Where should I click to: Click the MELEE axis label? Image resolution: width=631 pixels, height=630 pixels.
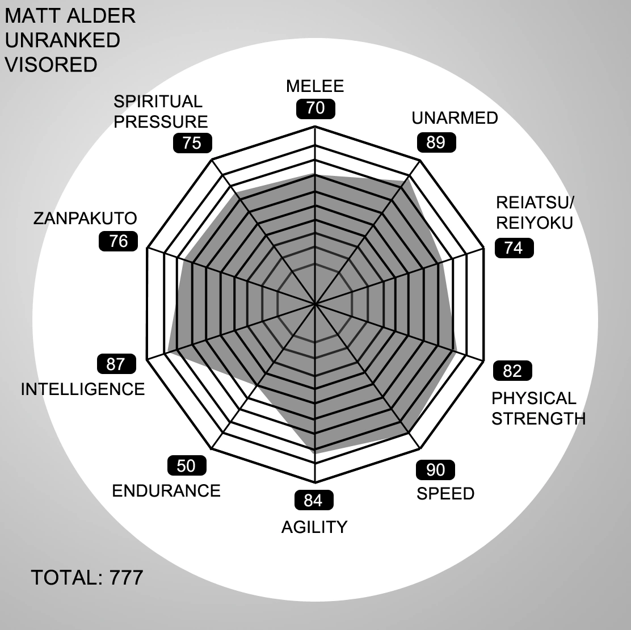pyautogui.click(x=315, y=86)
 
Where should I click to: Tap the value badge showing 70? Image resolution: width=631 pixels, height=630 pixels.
pyautogui.click(x=315, y=108)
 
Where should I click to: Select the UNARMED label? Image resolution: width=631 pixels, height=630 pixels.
pyautogui.click(x=455, y=118)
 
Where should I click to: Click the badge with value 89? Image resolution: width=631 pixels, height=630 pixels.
pyautogui.click(x=436, y=142)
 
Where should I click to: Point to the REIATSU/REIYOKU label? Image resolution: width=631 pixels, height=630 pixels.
pyautogui.click(x=535, y=212)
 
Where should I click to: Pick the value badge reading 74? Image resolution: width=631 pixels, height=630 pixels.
pyautogui.click(x=514, y=248)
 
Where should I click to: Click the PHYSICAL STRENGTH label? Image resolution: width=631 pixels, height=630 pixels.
pyautogui.click(x=538, y=409)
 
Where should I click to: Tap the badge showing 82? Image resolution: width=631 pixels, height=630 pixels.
pyautogui.click(x=512, y=371)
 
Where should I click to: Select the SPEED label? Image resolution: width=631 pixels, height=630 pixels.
pyautogui.click(x=445, y=494)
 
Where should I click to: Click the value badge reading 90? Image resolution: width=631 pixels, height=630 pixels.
pyautogui.click(x=436, y=470)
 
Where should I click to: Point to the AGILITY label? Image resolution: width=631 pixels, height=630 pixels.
pyautogui.click(x=314, y=527)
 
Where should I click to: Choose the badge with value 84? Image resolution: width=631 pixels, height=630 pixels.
pyautogui.click(x=313, y=501)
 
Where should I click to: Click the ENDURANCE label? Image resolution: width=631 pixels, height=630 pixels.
pyautogui.click(x=166, y=490)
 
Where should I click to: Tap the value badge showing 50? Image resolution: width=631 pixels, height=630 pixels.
pyautogui.click(x=186, y=466)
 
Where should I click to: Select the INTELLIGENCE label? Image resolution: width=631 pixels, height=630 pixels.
pyautogui.click(x=83, y=389)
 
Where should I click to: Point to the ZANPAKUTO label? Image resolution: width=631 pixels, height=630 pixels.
pyautogui.click(x=85, y=219)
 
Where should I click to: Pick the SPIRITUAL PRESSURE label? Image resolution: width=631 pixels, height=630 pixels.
pyautogui.click(x=161, y=112)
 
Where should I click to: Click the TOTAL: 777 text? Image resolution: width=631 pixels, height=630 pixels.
pyautogui.click(x=87, y=578)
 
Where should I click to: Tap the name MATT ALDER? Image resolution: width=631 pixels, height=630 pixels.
pyautogui.click(x=70, y=16)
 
